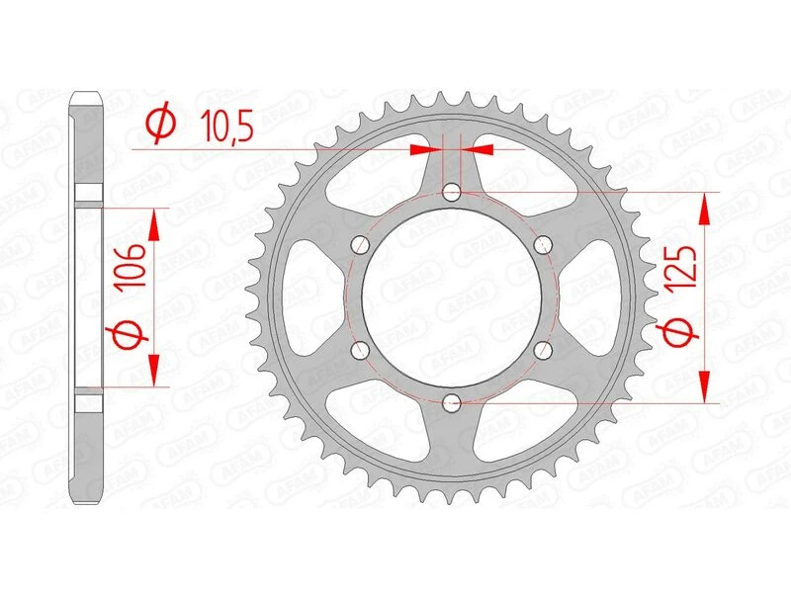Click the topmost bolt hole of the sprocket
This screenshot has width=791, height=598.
tap(452, 192)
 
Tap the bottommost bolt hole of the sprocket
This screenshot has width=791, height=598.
tap(452, 401)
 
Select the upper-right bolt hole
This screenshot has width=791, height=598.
tap(542, 244)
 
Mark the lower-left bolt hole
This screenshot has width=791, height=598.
tap(361, 349)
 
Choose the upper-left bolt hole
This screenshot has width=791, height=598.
tap(361, 244)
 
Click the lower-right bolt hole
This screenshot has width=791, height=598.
tap(542, 349)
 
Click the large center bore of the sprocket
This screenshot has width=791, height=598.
tap(452, 297)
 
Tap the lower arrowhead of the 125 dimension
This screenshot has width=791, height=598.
tap(705, 385)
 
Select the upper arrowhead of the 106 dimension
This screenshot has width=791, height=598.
tap(153, 225)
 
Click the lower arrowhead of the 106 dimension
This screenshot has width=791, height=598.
tap(153, 369)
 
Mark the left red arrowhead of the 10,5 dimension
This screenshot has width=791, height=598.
tap(425, 149)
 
